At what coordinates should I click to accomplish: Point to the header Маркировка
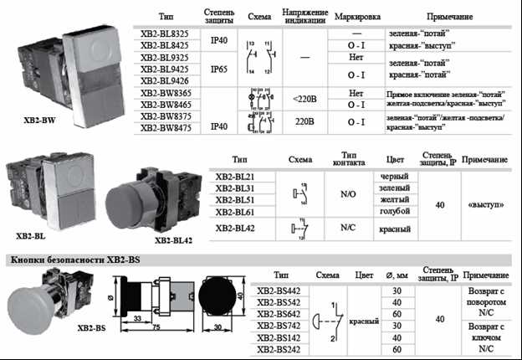(356, 17)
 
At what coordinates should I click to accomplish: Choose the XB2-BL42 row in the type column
(235, 228)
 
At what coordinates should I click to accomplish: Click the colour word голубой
(394, 213)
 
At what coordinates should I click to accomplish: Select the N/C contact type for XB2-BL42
(349, 228)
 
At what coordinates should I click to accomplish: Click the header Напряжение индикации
(304, 17)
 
